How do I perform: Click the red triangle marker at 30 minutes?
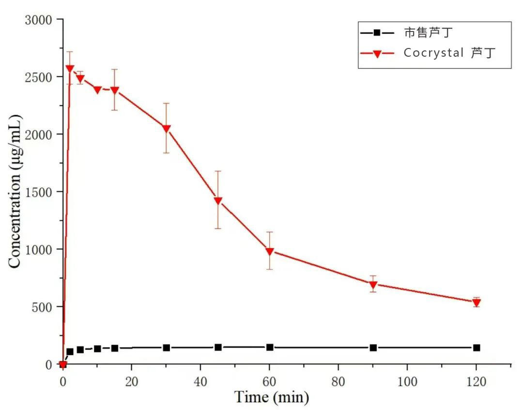click(x=166, y=128)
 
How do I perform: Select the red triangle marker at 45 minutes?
click(x=218, y=201)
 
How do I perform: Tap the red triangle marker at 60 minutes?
click(x=270, y=252)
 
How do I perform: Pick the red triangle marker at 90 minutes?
click(x=373, y=284)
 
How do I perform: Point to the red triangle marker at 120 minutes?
click(x=477, y=303)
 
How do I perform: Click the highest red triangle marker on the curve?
click(x=70, y=69)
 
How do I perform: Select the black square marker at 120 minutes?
click(x=477, y=347)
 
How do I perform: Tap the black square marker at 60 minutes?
click(x=270, y=347)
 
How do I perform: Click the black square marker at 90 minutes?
click(x=373, y=347)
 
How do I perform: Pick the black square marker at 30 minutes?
click(x=166, y=347)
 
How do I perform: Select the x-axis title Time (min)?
click(x=271, y=397)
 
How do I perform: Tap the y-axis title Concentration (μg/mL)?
click(x=15, y=192)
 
